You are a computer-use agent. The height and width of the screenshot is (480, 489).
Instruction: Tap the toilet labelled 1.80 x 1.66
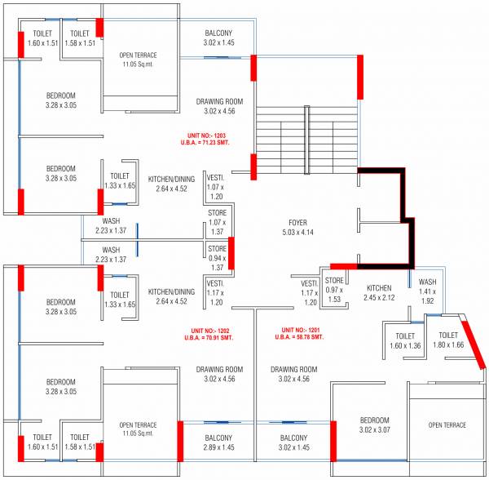click(x=447, y=340)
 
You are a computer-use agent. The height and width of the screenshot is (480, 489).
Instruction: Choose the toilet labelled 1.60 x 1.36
click(x=405, y=340)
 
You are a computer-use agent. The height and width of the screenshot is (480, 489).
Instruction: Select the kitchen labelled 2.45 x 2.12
click(x=379, y=292)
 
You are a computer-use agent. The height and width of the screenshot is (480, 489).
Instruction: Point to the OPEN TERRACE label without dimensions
click(x=447, y=425)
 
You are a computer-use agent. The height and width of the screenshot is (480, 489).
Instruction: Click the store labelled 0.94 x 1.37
click(x=217, y=258)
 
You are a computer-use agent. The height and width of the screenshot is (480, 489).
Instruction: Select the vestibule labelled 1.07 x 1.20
click(x=216, y=186)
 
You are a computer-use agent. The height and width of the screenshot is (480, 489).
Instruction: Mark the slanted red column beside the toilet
click(x=474, y=344)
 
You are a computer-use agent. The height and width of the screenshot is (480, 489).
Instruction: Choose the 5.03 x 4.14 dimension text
click(x=297, y=232)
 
